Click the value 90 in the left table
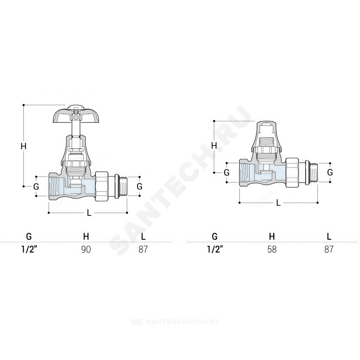pos(86,249)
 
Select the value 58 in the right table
pos(272,249)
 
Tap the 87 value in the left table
pos(143,249)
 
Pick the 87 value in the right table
pos(329,249)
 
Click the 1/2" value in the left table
pos(29,249)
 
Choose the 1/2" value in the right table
pos(215,249)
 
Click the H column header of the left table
pos(86,236)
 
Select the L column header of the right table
pos(329,236)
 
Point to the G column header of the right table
pos(215,236)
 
